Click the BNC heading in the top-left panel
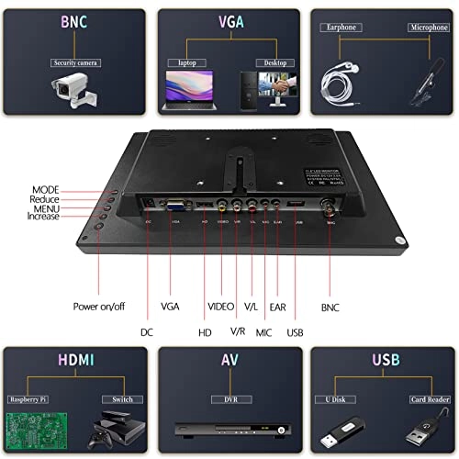[x=75, y=21]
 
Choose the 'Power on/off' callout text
[x=99, y=306]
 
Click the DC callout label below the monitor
[x=146, y=330]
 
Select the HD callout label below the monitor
[x=205, y=330]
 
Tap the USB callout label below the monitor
[x=295, y=330]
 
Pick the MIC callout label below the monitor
[x=264, y=330]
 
